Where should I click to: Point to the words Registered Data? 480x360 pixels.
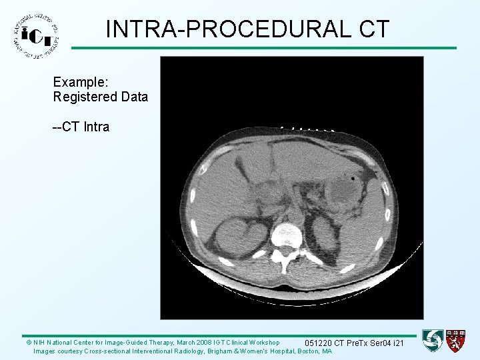click(x=101, y=97)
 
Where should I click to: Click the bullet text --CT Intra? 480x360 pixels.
click(x=81, y=127)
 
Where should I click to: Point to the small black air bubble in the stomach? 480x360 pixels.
click(x=353, y=179)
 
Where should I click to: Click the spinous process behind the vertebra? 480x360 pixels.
click(x=286, y=265)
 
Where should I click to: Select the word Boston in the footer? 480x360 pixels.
click(x=309, y=351)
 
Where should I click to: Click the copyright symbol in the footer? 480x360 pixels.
click(x=29, y=342)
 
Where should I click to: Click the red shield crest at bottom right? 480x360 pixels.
click(x=456, y=341)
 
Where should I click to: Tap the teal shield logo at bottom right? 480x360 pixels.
click(x=433, y=341)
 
